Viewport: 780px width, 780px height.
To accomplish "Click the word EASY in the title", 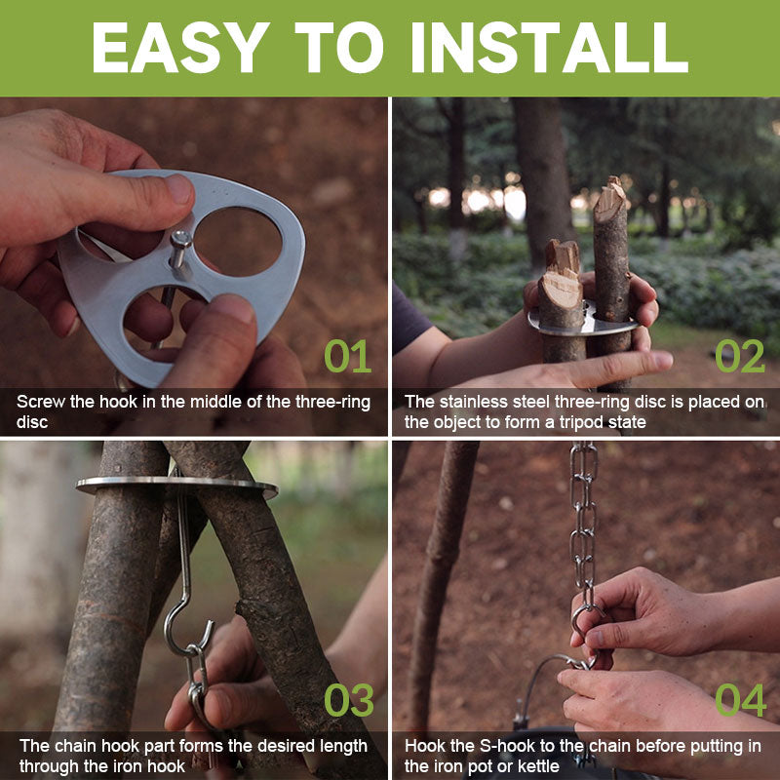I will click(180, 47).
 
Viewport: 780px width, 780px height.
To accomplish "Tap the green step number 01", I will click(348, 357).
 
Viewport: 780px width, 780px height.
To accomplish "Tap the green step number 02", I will click(739, 357).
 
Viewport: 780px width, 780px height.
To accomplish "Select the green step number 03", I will click(348, 700).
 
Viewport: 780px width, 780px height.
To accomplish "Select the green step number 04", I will click(739, 700).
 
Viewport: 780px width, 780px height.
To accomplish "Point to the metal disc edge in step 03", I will click(175, 485).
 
